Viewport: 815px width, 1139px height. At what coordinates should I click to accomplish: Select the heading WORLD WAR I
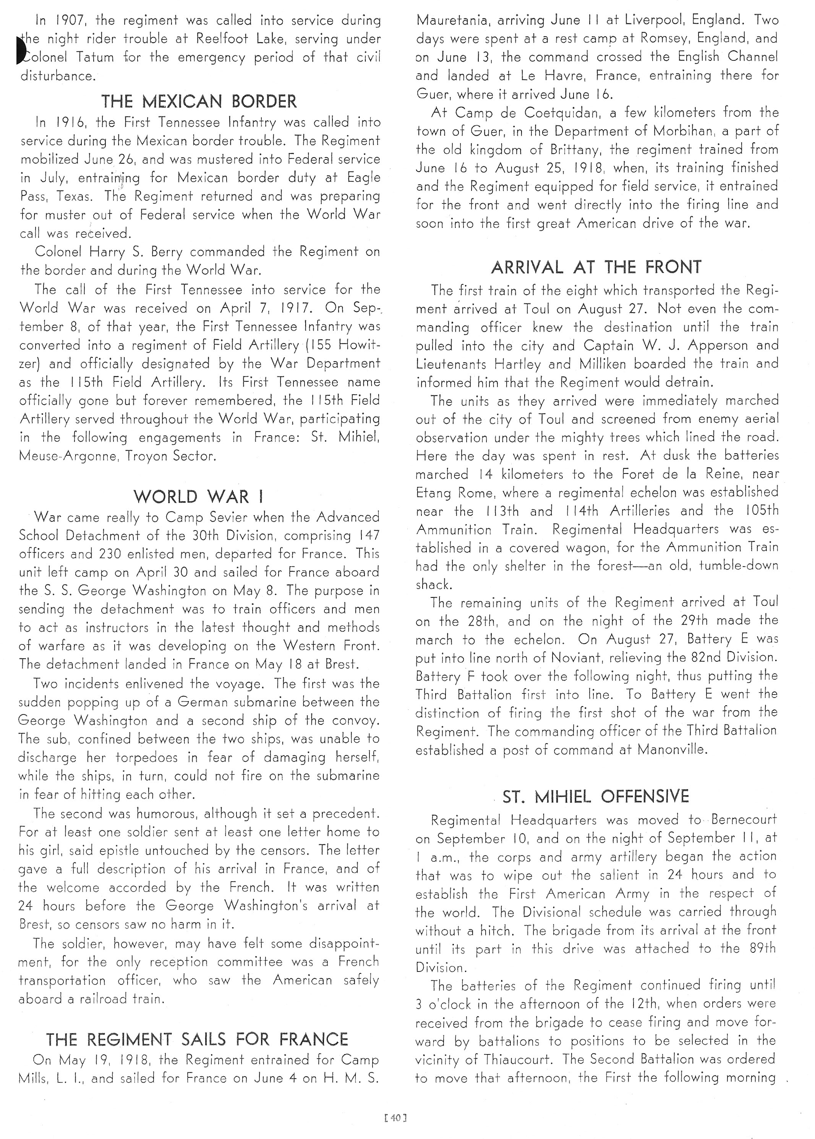[x=199, y=497]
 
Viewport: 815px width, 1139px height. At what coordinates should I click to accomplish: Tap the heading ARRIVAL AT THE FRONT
[x=596, y=267]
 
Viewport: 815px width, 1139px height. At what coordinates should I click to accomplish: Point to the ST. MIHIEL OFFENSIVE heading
[x=596, y=796]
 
